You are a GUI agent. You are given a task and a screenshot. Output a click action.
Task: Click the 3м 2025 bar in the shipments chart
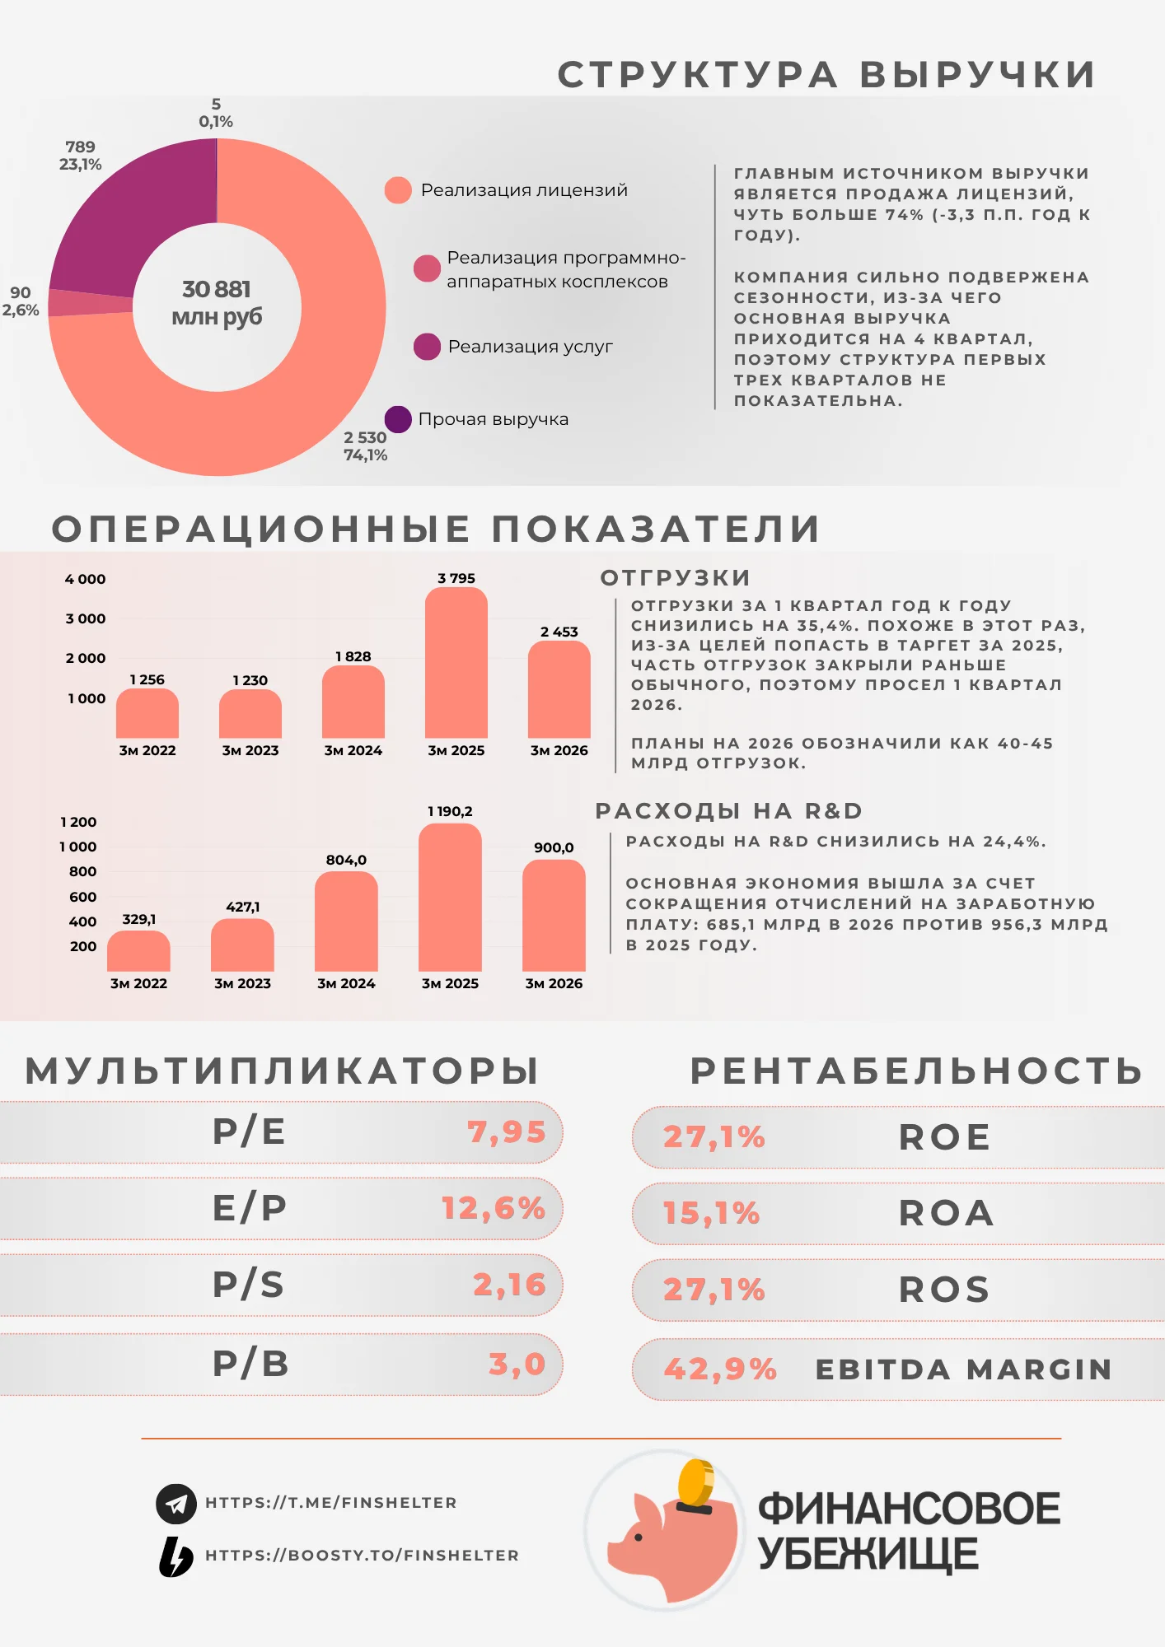[456, 663]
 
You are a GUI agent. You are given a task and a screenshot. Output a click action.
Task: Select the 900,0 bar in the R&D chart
[554, 916]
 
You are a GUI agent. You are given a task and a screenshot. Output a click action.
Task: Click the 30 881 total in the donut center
[217, 289]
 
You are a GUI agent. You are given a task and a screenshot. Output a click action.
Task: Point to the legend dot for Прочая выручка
[398, 419]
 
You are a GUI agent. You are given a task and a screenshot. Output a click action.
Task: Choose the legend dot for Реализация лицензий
[398, 190]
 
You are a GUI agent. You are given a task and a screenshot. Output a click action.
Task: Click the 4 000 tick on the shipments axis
[86, 579]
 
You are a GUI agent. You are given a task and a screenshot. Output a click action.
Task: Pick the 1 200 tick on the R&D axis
[78, 822]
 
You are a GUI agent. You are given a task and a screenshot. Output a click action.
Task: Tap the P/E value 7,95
[507, 1131]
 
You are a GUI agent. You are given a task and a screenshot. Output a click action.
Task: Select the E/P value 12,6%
[494, 1208]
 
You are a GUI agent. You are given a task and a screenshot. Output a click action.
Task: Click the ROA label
[946, 1213]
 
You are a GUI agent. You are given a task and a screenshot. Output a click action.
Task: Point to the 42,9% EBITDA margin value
[720, 1369]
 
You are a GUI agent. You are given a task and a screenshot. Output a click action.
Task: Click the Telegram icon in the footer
[176, 1504]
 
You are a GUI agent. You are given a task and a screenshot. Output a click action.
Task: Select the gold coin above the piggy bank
[696, 1482]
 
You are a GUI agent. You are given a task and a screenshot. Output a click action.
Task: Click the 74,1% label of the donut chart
[365, 455]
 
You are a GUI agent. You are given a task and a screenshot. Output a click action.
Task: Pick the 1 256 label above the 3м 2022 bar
[147, 679]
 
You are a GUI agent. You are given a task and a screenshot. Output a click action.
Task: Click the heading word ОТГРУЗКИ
[676, 578]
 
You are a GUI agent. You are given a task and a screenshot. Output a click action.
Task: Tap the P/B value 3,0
[517, 1364]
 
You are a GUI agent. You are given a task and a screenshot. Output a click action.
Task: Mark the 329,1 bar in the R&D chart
[138, 951]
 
